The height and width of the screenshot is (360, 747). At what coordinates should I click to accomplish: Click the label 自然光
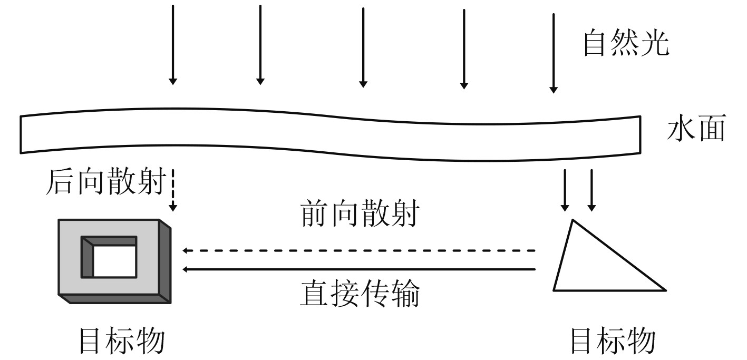tap(625, 44)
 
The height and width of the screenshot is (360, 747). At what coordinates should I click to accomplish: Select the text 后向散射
tap(105, 182)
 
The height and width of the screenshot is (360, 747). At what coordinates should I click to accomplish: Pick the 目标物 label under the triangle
tap(613, 342)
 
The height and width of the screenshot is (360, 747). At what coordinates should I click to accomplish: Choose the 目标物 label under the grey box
tap(121, 342)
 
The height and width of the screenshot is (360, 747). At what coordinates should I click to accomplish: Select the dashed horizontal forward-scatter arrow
tap(358, 251)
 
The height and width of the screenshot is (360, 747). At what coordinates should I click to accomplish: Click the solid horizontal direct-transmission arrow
tap(358, 269)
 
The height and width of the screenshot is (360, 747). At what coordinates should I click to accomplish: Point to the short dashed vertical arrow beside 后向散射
tap(173, 192)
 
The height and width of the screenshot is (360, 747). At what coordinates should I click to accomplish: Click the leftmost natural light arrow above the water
tap(172, 45)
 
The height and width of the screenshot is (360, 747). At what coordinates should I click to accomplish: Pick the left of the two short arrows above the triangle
tap(566, 190)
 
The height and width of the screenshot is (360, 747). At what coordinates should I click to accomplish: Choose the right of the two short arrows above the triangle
tap(591, 190)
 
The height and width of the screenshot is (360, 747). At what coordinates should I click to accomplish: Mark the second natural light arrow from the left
tap(260, 45)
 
